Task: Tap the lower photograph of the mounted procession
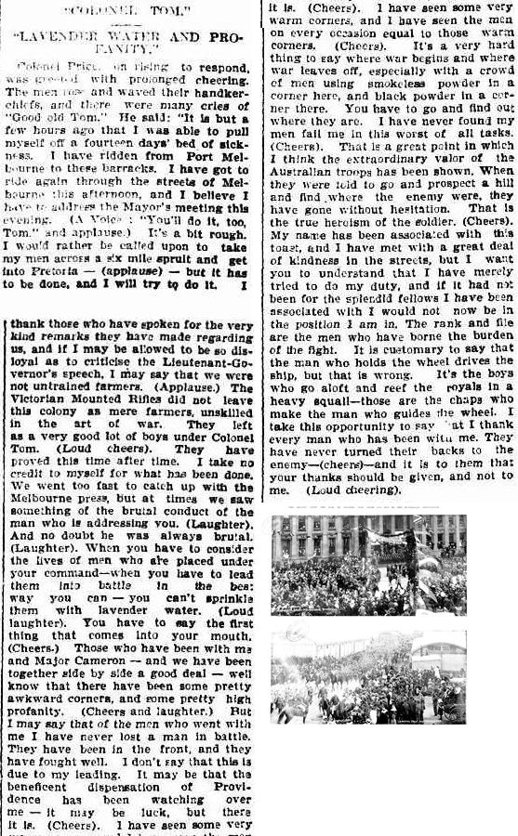tap(368, 677)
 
